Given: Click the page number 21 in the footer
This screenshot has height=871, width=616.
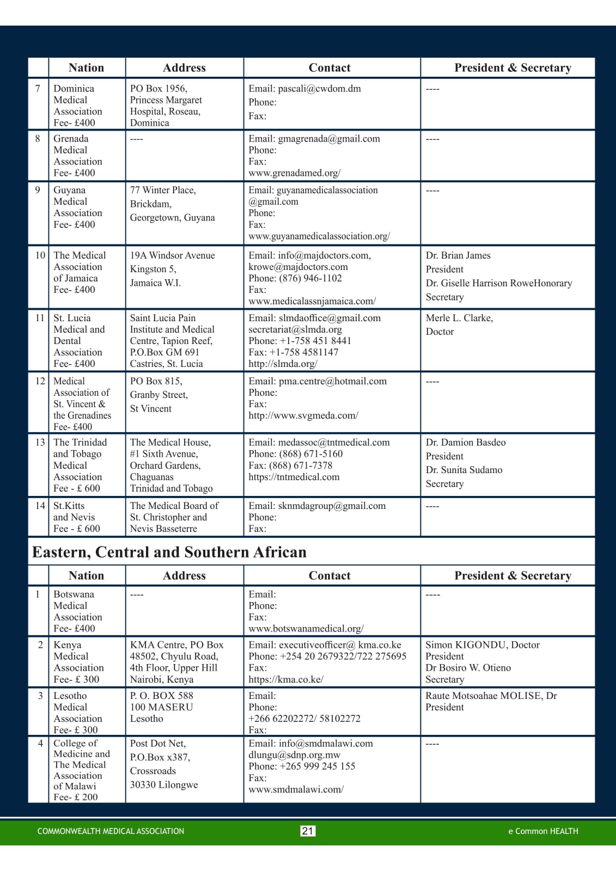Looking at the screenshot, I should [308, 831].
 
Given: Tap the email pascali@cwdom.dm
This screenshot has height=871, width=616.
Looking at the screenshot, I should [319, 88].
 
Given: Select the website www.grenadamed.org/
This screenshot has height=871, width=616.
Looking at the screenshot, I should [295, 173].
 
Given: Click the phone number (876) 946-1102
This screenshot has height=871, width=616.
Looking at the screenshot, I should [310, 278].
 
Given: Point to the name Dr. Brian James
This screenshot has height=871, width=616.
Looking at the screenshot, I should [458, 255].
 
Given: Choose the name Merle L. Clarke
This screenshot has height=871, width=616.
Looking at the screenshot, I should [459, 318].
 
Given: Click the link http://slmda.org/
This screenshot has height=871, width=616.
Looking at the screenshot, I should [283, 364].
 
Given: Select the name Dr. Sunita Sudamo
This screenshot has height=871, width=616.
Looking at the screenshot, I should [464, 470].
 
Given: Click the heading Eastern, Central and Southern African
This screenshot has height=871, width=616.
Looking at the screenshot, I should [169, 552].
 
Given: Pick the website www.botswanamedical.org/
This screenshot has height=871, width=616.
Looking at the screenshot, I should [306, 629].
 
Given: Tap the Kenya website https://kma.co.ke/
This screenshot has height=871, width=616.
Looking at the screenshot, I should [286, 679].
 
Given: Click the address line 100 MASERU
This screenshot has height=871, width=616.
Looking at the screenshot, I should [161, 707].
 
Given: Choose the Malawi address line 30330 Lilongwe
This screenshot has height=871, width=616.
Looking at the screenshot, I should [163, 785].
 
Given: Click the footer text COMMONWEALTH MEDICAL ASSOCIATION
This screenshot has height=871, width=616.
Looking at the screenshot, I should [111, 831].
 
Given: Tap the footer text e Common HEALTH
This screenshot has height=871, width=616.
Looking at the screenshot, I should [543, 831].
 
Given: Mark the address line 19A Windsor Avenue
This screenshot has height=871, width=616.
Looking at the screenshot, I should [172, 255].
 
